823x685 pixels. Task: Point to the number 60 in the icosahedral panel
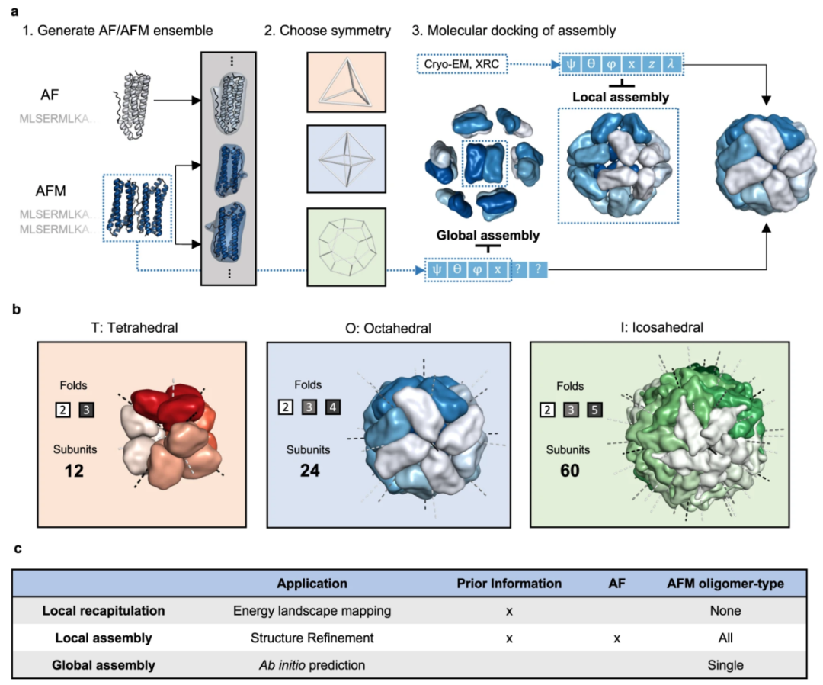tap(568, 470)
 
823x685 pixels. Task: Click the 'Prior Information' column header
tap(508, 584)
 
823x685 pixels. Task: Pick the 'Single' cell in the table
tap(725, 664)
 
